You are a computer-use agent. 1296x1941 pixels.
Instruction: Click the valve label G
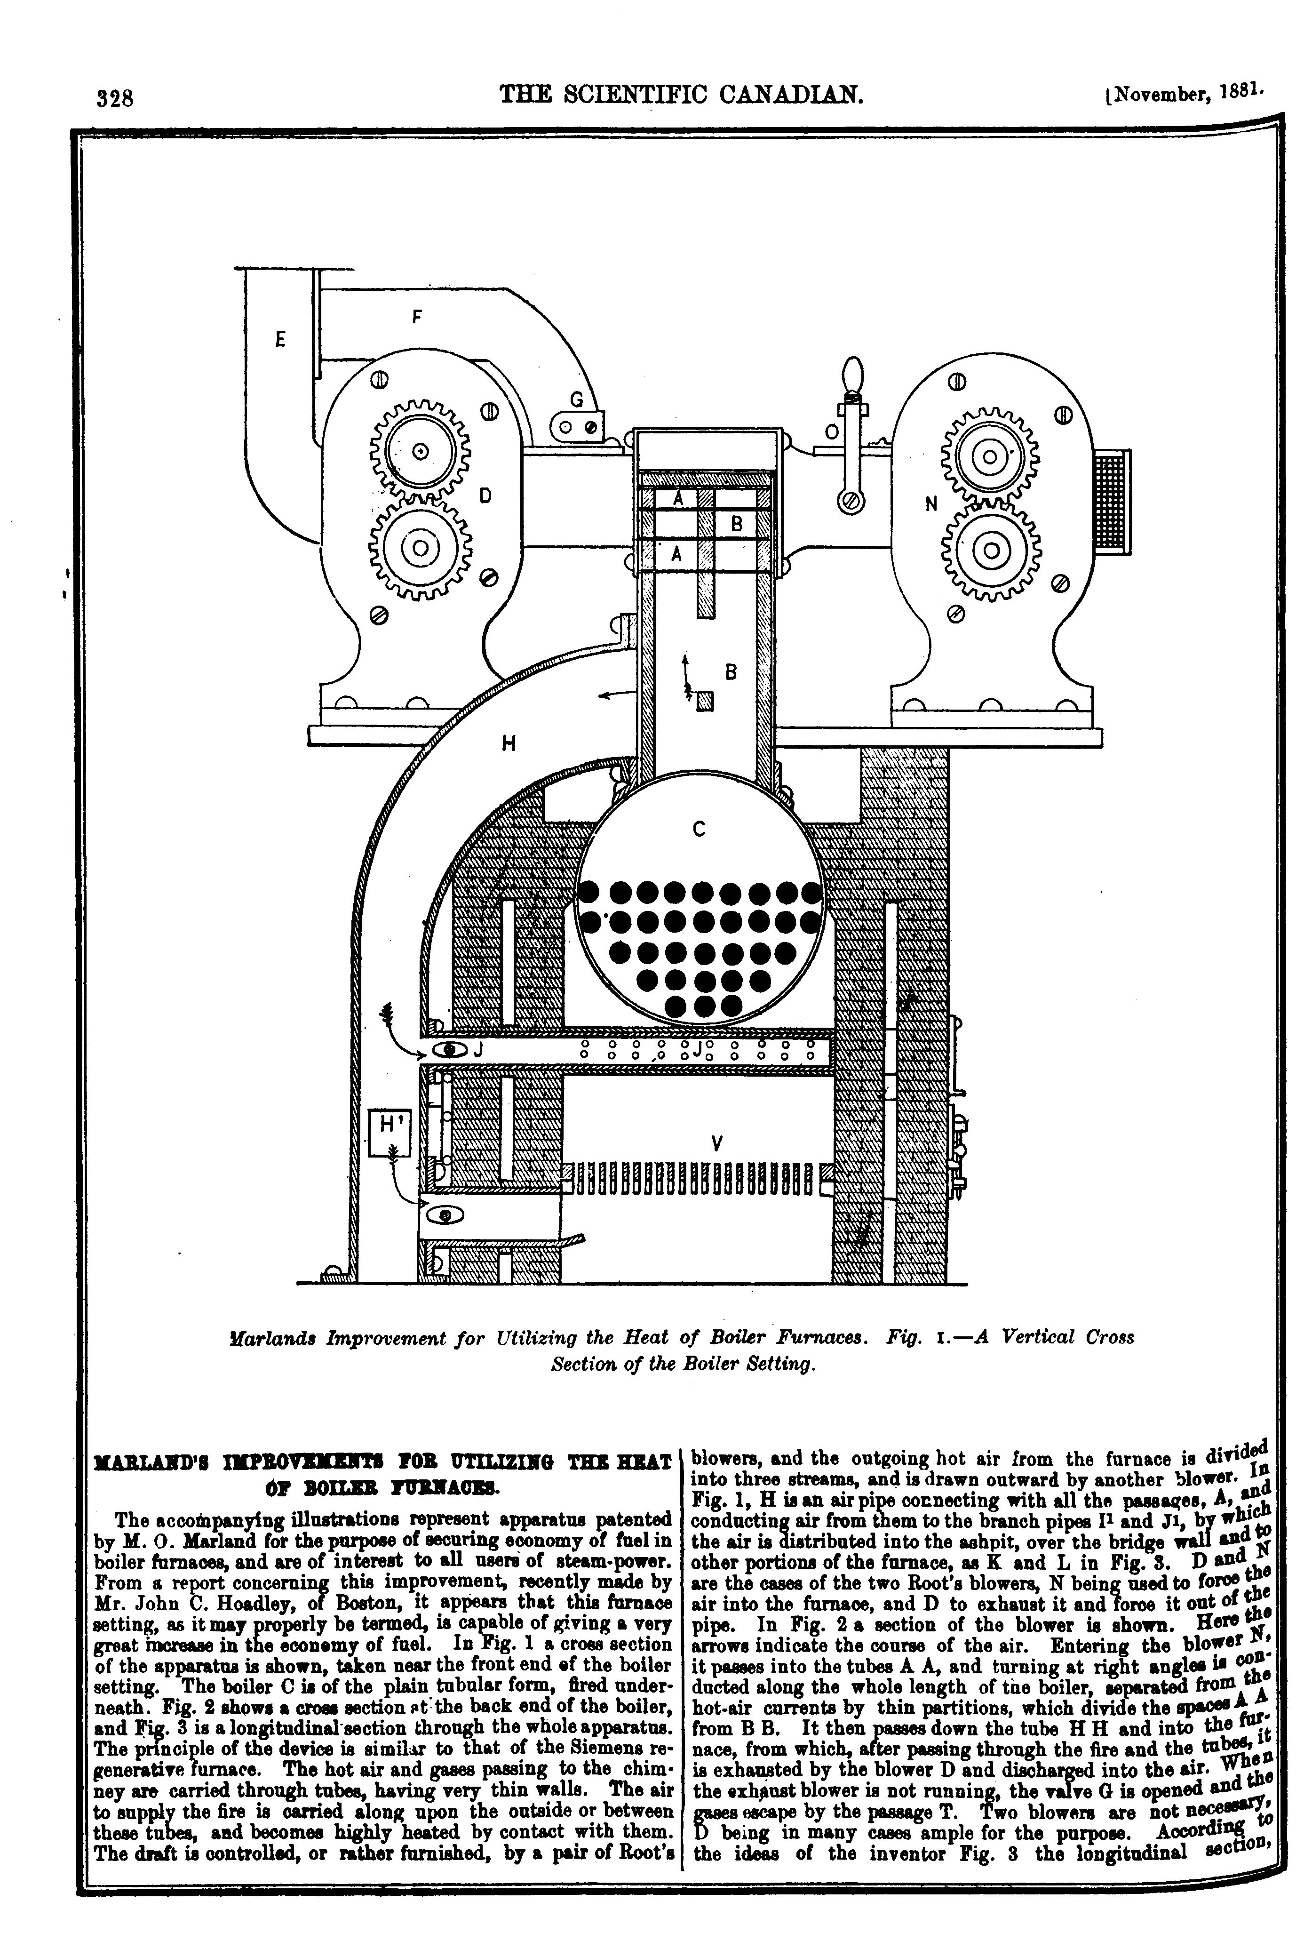pos(577,399)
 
